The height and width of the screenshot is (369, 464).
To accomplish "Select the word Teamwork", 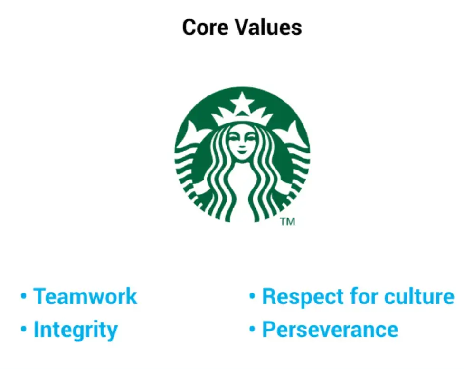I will [85, 296].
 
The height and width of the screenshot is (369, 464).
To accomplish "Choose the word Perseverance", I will [330, 330].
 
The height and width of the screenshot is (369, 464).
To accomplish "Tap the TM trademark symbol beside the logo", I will [287, 221].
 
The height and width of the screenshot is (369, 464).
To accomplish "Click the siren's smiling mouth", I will [242, 154].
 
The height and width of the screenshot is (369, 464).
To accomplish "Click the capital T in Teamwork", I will [40, 296].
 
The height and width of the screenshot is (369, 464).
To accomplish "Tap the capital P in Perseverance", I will [269, 330].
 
